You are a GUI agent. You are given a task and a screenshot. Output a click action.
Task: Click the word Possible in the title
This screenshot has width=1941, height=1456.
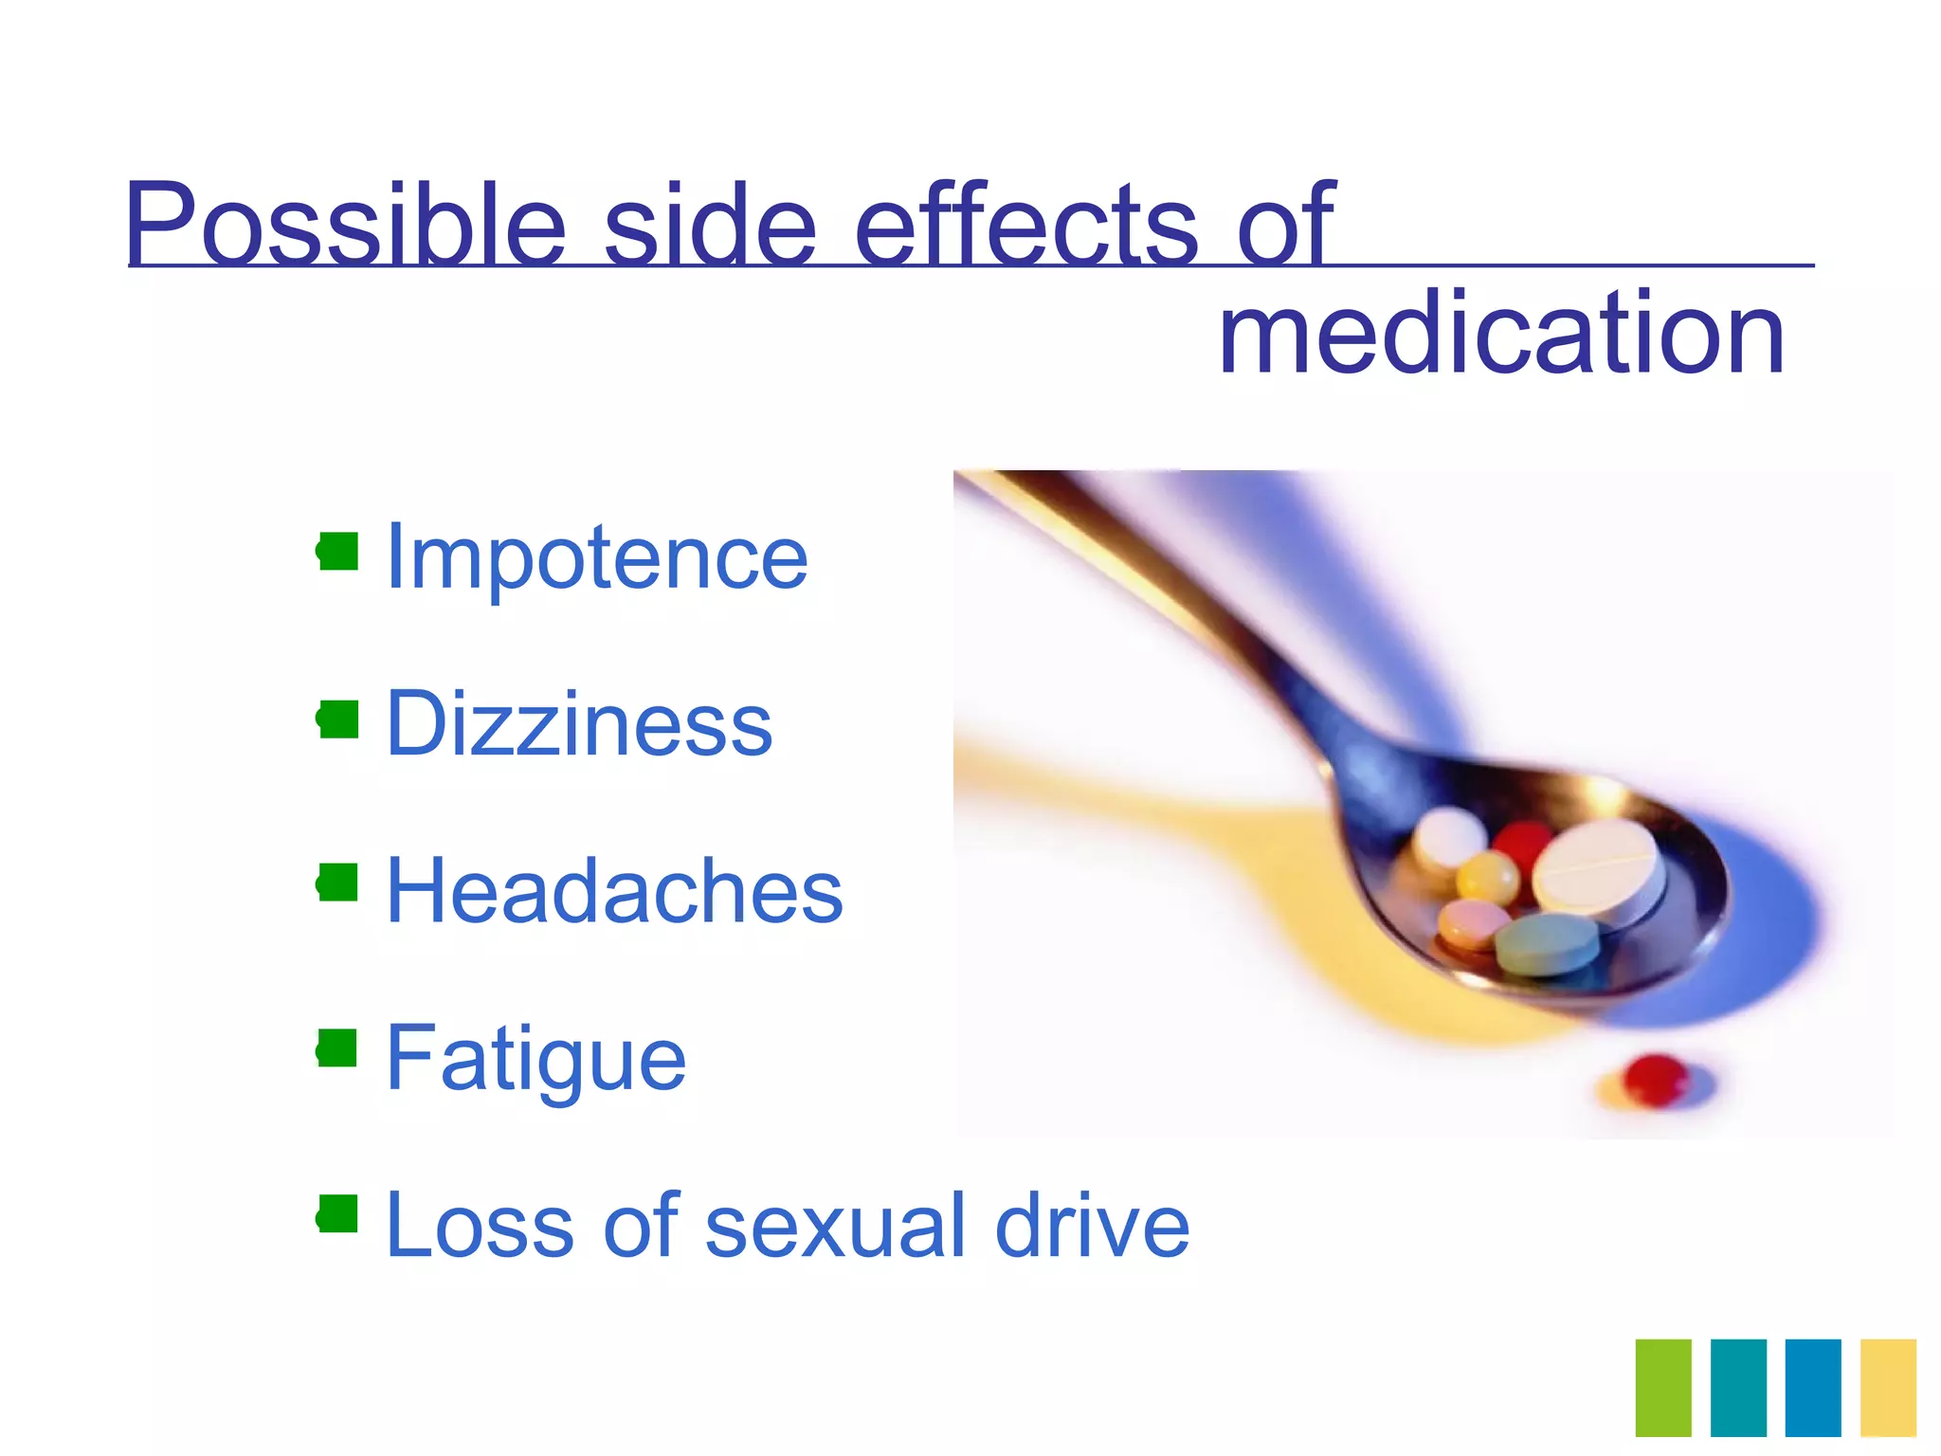346,225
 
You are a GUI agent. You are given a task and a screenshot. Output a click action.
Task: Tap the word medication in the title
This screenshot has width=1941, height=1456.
1501,334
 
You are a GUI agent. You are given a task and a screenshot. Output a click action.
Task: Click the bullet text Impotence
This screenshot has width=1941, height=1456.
597,557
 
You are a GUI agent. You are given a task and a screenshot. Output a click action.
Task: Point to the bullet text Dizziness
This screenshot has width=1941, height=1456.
579,724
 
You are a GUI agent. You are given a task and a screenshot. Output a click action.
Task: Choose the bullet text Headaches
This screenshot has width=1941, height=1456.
614,891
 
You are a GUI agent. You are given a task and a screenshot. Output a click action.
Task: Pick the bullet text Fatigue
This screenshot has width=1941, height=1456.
535,1058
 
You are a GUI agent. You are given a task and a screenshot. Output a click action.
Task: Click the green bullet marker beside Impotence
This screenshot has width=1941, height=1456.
338,551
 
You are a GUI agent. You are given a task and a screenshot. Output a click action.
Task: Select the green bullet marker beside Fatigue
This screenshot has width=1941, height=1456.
338,1048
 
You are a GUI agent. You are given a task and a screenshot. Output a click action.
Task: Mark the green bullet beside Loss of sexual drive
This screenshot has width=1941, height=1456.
338,1214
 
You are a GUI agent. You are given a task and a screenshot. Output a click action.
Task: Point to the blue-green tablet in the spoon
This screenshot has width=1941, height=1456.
1548,943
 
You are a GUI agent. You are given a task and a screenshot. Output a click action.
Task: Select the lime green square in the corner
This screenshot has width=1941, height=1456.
1663,1388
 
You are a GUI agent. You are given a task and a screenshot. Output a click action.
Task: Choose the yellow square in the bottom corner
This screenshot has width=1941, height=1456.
1888,1388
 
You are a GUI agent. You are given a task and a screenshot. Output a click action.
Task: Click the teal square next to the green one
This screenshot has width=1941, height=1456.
1738,1388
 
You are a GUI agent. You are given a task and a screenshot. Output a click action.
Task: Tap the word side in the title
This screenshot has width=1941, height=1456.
711,225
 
